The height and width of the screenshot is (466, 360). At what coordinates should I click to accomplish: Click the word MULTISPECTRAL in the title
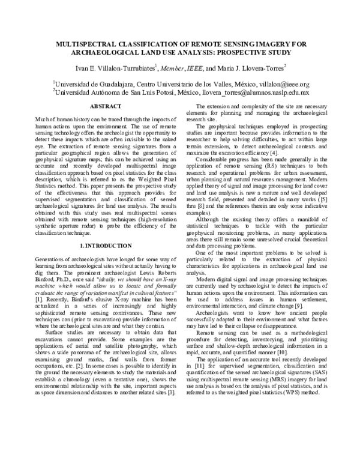[88, 44]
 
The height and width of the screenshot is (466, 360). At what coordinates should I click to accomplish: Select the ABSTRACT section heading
[106, 106]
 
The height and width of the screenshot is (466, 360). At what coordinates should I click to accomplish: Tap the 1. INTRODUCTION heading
[106, 246]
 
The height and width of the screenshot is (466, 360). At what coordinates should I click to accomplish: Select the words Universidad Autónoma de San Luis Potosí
[121, 93]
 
